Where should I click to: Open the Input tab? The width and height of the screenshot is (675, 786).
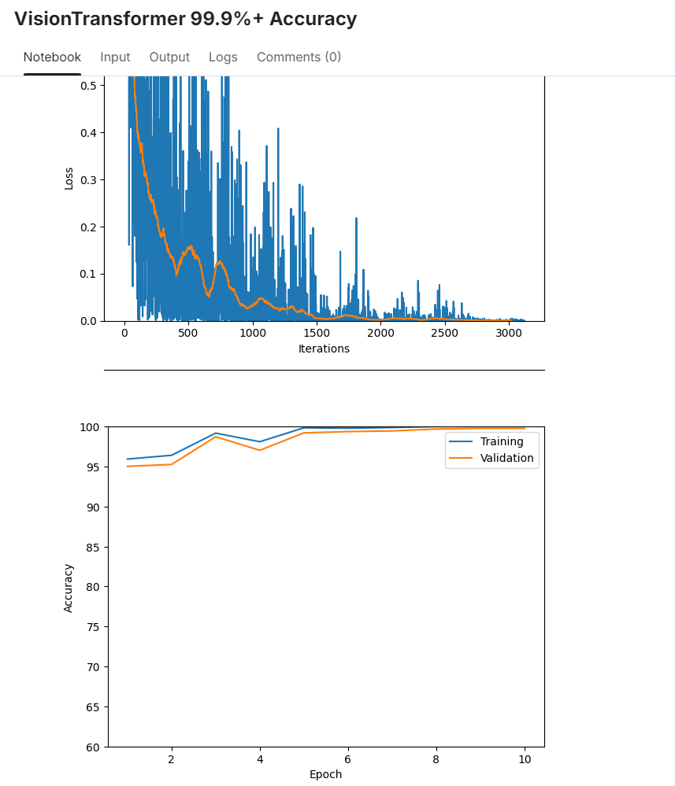(x=115, y=57)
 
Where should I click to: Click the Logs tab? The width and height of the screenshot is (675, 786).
(x=223, y=57)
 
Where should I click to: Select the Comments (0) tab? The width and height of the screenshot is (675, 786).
(x=299, y=57)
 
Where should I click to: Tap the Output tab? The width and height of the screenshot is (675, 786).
(x=169, y=57)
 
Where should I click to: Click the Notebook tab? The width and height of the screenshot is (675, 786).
(x=52, y=57)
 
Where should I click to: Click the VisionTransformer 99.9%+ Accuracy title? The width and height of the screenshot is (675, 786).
(x=185, y=19)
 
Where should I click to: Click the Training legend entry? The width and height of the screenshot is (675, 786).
(x=502, y=441)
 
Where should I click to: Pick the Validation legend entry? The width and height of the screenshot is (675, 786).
(x=506, y=458)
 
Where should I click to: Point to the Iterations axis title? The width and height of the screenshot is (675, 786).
(x=324, y=349)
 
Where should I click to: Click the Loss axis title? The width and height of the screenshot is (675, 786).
(x=69, y=179)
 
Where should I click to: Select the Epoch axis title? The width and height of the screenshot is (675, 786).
(x=325, y=774)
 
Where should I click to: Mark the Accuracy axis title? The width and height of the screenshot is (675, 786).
(x=69, y=587)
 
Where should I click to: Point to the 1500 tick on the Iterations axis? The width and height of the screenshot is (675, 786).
(x=317, y=334)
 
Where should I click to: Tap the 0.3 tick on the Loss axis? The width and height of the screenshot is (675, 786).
(x=88, y=179)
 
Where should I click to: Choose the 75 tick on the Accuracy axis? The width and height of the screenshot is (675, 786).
(x=94, y=627)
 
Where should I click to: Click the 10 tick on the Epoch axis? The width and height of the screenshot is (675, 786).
(x=525, y=759)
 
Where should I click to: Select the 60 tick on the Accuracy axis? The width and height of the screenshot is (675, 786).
(x=94, y=747)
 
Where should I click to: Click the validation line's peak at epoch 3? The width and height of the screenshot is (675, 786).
(x=216, y=437)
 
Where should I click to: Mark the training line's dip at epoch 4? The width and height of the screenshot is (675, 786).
(x=260, y=442)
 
